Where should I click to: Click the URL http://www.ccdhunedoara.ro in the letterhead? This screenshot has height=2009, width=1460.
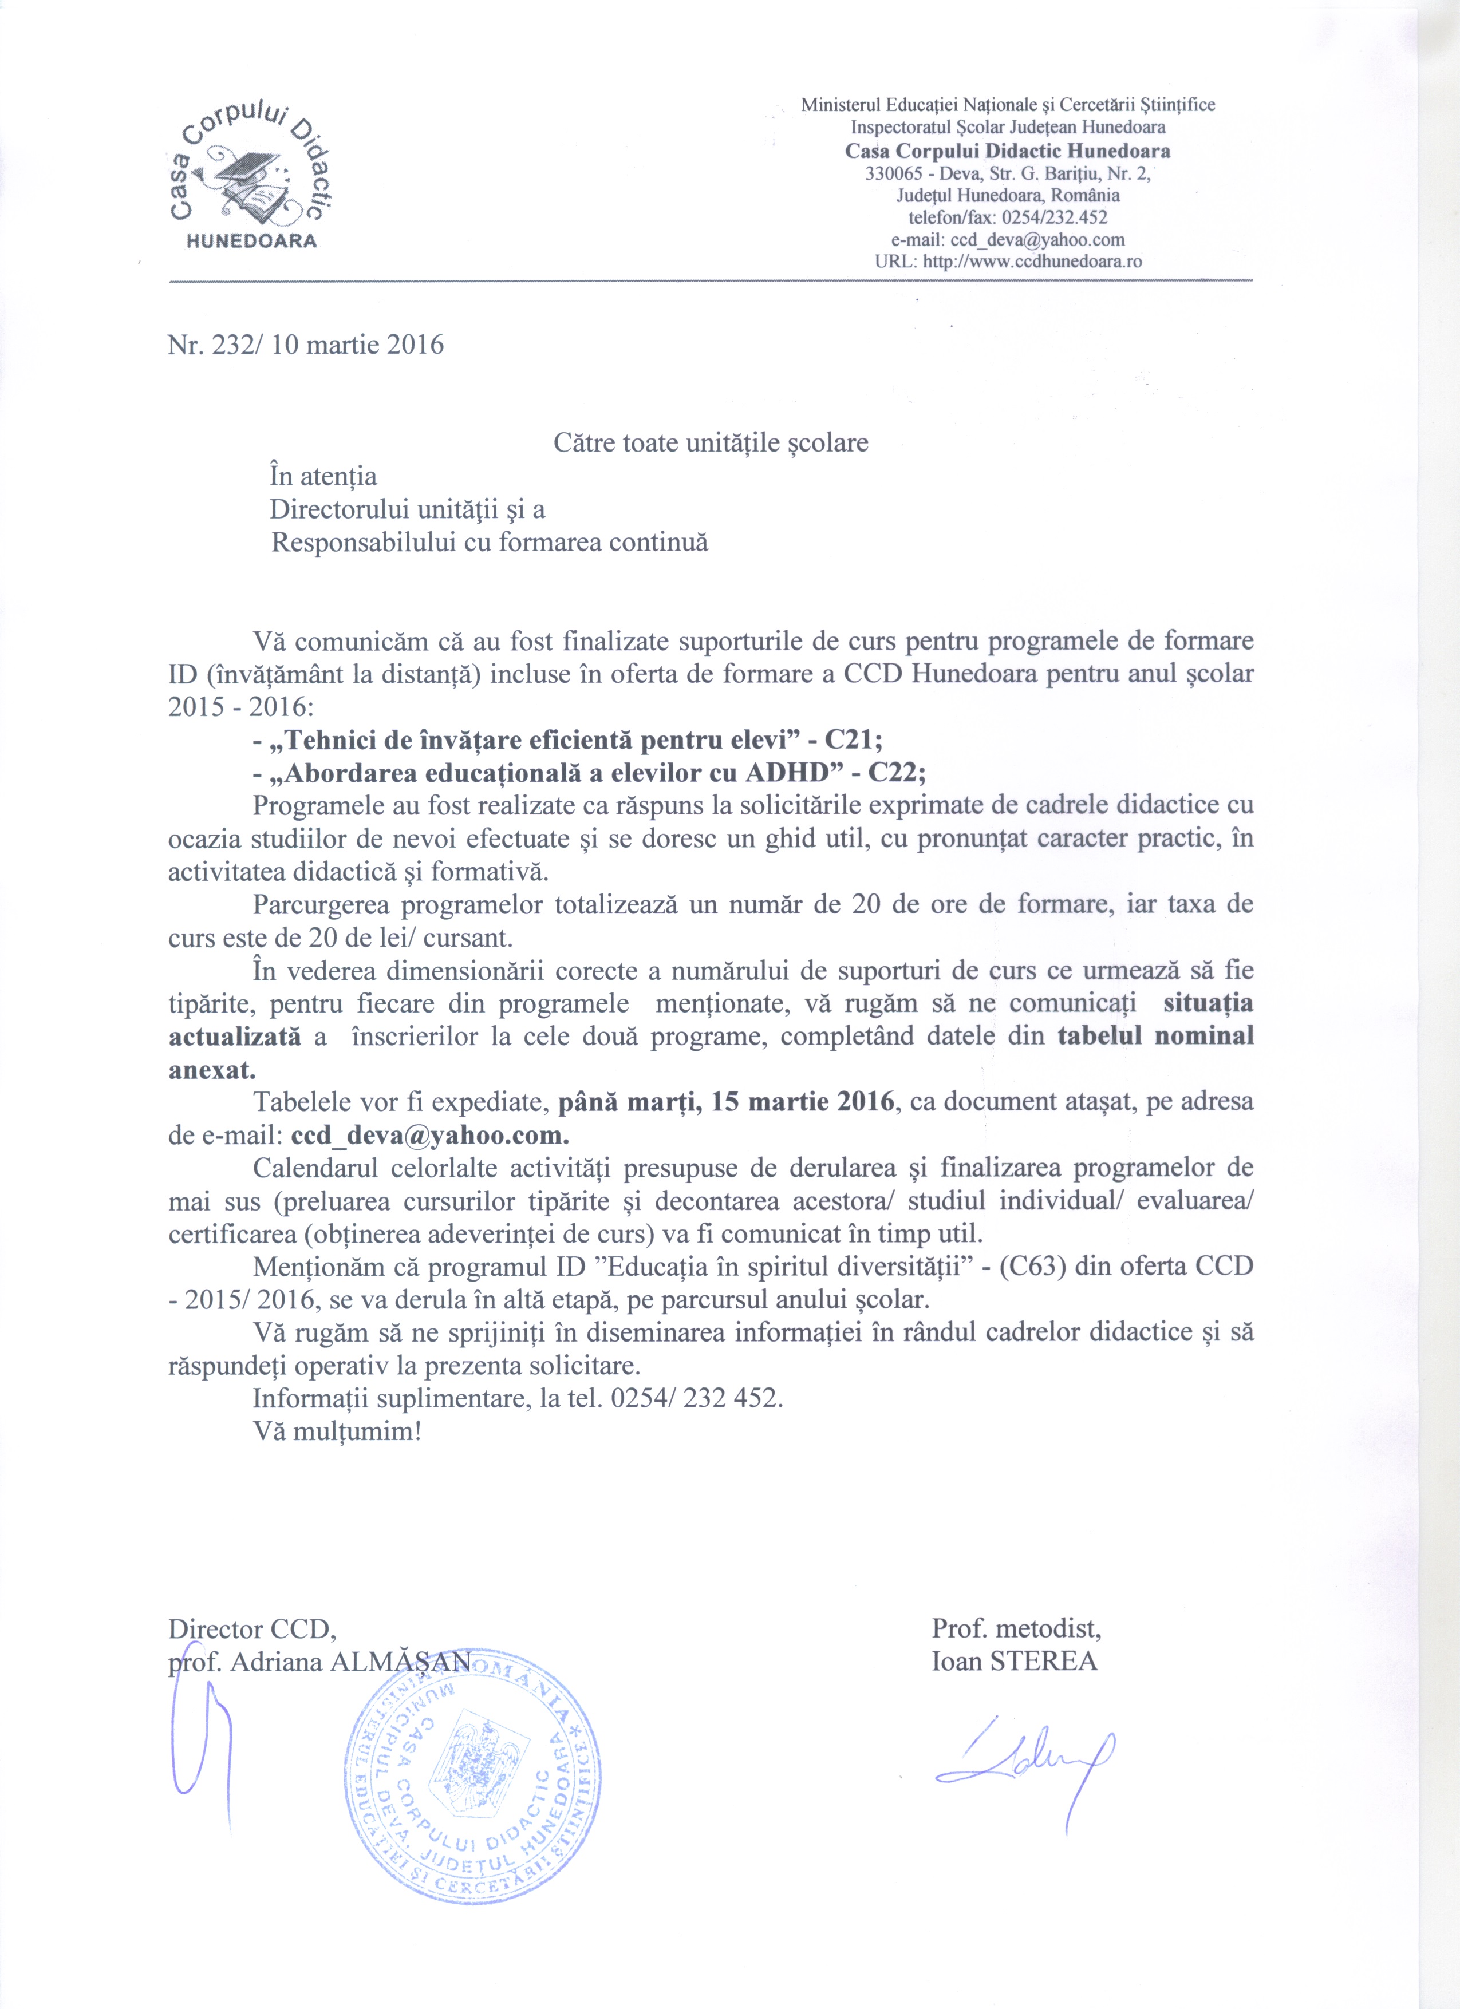click(1032, 262)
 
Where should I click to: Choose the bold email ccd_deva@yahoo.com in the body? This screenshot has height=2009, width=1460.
click(429, 1136)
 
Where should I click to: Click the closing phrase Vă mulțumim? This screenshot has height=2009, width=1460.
click(337, 1431)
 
